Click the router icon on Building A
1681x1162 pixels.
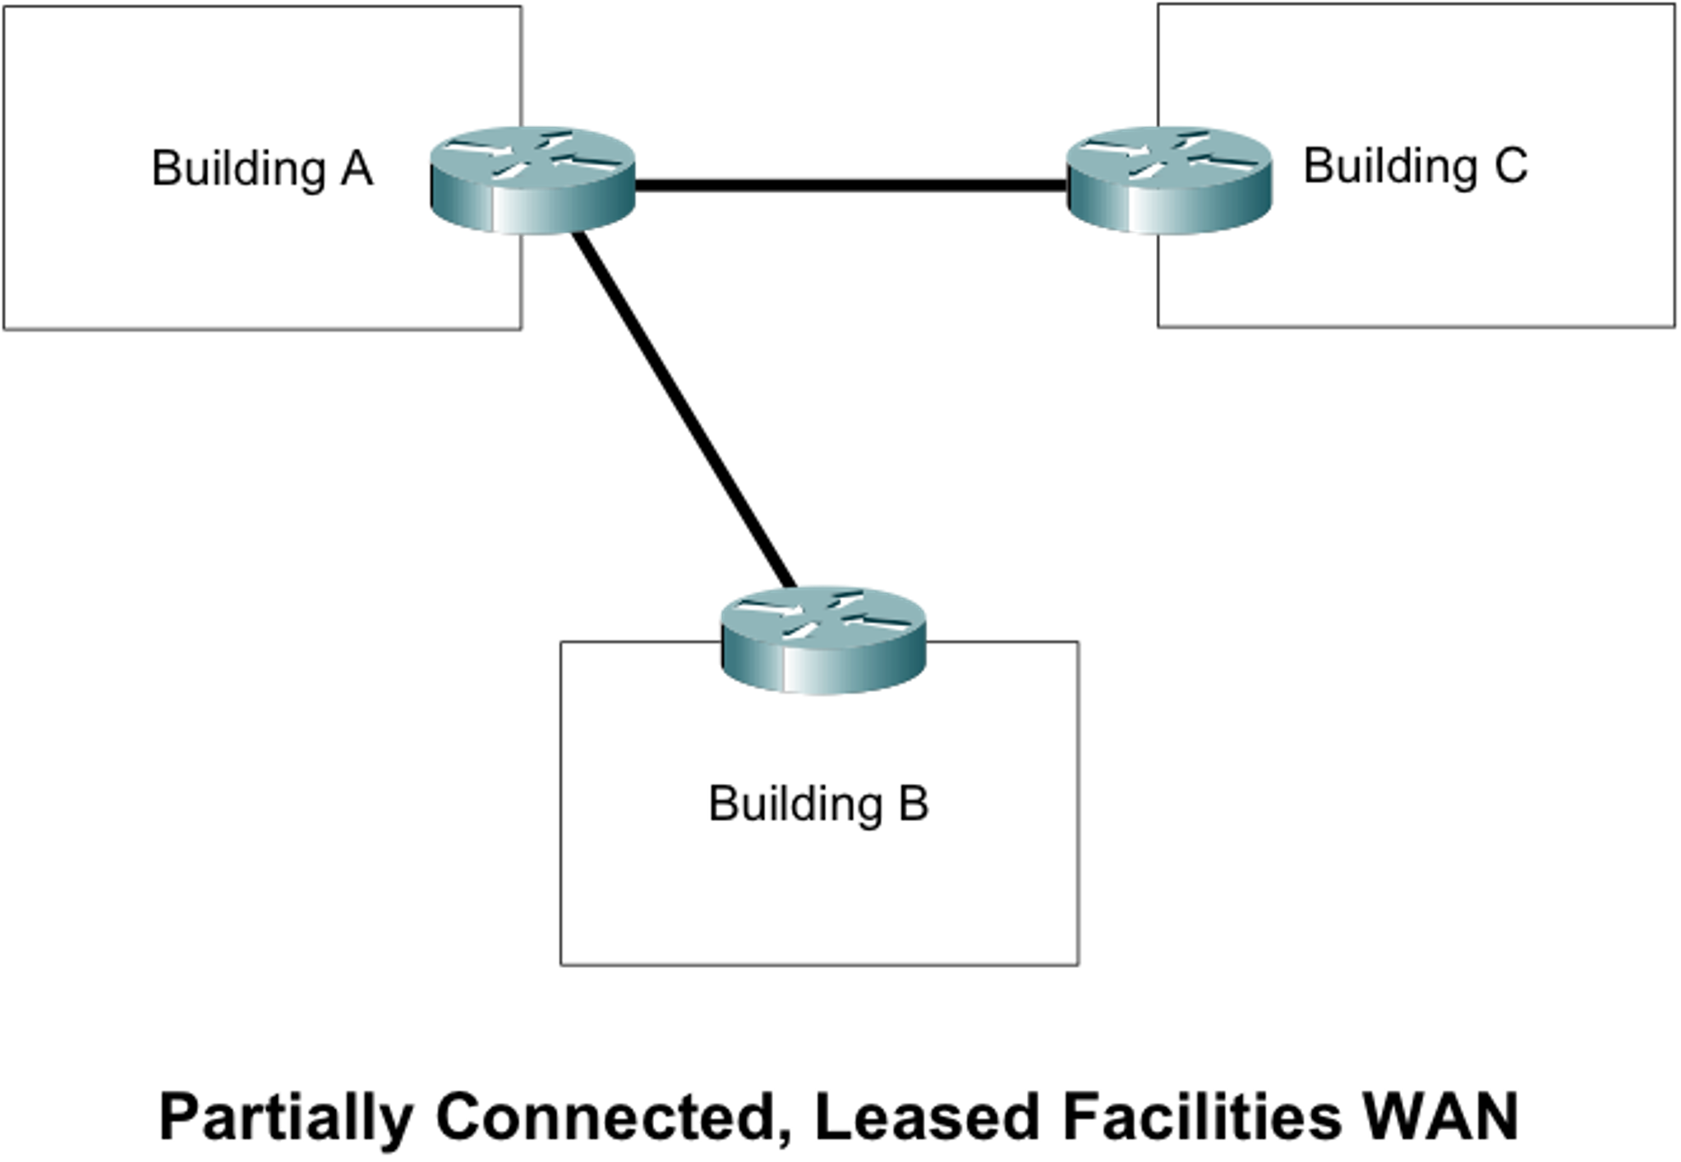[533, 180]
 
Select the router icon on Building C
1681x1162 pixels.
[1168, 180]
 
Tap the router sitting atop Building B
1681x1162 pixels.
[822, 639]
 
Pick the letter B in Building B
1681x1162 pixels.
[913, 803]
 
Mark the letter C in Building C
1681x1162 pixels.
[1510, 165]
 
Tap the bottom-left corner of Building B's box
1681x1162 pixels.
[562, 962]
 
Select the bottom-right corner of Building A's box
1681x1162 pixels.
[519, 327]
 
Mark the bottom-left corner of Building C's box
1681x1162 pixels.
[1160, 325]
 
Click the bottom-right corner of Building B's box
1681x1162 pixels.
[1076, 962]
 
